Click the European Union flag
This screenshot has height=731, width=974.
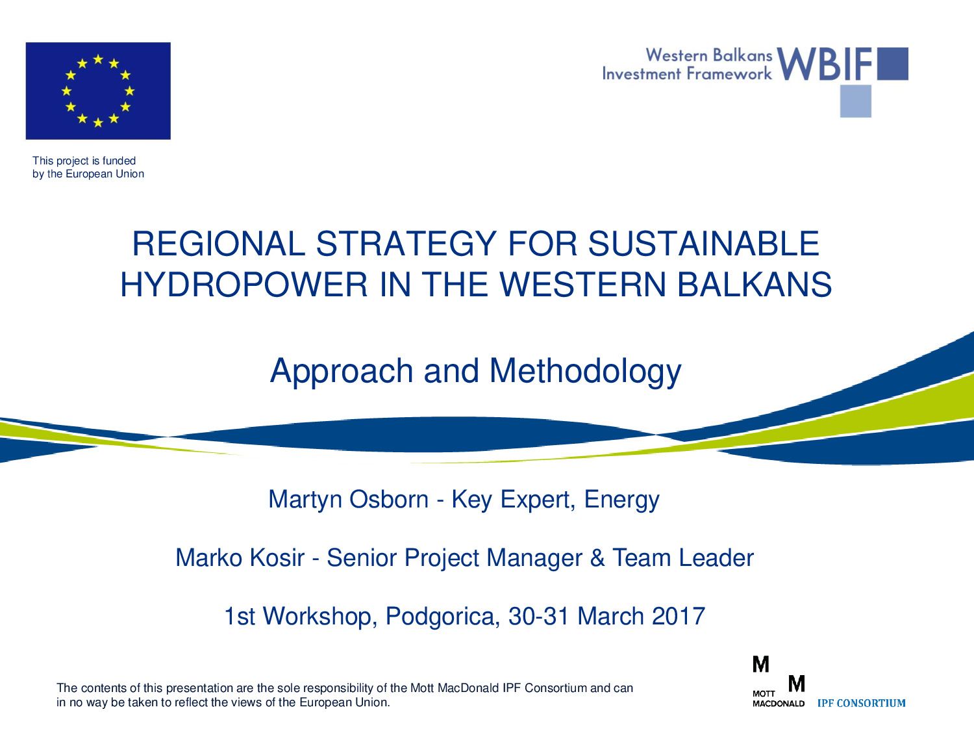[98, 91]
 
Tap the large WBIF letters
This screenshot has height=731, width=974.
[824, 64]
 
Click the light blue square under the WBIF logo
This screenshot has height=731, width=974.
[856, 101]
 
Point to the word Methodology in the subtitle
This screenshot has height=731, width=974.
[585, 372]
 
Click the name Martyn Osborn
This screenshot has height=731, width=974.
[348, 500]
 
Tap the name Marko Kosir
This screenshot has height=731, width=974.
[240, 558]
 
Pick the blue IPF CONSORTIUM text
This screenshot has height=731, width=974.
[861, 703]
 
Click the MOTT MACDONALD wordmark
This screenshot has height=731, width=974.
[779, 699]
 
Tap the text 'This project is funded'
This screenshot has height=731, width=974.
[84, 160]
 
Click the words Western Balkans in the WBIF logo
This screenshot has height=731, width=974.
[708, 55]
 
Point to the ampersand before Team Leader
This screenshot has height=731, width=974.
[597, 558]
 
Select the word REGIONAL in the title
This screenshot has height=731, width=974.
[219, 244]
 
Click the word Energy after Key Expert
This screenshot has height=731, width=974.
[621, 500]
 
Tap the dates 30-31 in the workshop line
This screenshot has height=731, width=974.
[539, 616]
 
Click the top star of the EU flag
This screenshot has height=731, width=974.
[98, 59]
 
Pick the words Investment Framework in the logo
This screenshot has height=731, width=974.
[687, 73]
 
